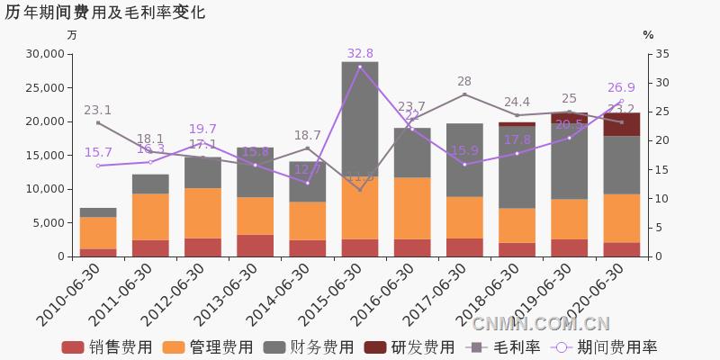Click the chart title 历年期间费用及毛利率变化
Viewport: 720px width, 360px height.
[105, 13]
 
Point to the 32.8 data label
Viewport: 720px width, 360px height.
[360, 53]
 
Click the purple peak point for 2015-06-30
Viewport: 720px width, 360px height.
[360, 67]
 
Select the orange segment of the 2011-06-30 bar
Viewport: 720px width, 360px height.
[150, 216]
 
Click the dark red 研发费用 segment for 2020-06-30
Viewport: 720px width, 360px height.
[621, 124]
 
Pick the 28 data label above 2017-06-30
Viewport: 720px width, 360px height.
[464, 81]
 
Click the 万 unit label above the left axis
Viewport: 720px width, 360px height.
[72, 35]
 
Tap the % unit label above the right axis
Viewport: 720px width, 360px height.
[648, 35]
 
